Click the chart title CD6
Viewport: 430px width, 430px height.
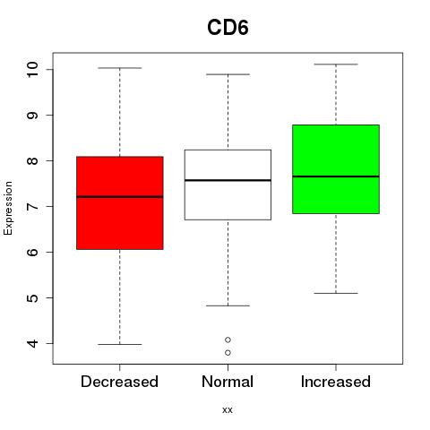228,28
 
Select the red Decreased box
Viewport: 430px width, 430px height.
120,202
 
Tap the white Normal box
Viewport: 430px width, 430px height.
228,185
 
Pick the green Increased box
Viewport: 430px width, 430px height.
336,169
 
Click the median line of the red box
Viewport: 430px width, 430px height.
120,197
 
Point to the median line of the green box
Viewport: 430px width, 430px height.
336,176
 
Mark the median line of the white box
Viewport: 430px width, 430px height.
228,180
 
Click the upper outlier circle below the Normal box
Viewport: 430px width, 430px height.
228,340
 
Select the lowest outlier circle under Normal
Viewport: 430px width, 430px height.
228,353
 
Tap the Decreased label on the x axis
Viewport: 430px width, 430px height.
119,382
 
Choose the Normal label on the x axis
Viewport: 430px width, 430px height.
228,382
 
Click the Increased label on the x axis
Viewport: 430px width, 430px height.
336,382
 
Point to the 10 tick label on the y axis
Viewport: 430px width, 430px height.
32,70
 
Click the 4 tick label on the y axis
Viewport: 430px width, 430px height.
32,343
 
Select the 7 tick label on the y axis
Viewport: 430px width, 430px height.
32,206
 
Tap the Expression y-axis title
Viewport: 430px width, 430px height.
8,208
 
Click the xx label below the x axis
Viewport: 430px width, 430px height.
228,409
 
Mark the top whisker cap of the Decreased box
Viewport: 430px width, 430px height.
120,68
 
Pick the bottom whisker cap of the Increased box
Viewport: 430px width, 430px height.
336,293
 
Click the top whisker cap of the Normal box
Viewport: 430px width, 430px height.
228,74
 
